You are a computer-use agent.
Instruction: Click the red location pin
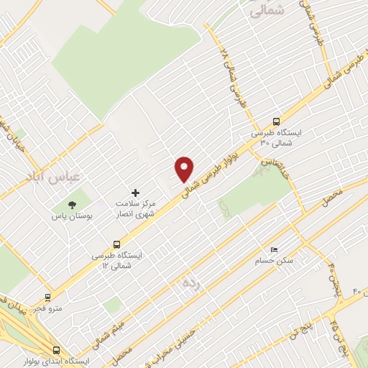pyautogui.click(x=185, y=168)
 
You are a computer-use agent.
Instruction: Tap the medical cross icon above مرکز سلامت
pyautogui.click(x=134, y=193)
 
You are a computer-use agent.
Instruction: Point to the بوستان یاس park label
pyautogui.click(x=70, y=215)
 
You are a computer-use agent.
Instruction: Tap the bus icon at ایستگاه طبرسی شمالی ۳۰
pyautogui.click(x=277, y=122)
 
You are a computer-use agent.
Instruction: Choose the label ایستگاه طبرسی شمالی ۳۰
pyautogui.click(x=277, y=138)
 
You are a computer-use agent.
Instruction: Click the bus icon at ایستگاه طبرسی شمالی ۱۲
pyautogui.click(x=116, y=244)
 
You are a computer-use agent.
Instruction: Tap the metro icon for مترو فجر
pyautogui.click(x=48, y=297)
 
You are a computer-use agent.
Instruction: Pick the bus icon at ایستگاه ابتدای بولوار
pyautogui.click(x=56, y=350)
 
